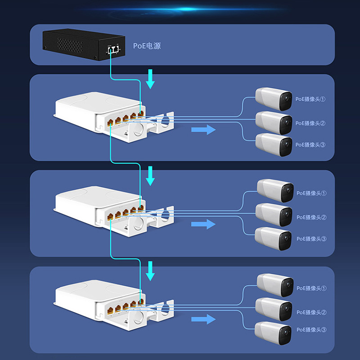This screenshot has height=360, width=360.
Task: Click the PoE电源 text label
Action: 147,46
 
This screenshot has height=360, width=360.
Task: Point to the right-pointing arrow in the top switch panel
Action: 203,130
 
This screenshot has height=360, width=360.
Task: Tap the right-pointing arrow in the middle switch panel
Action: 203,224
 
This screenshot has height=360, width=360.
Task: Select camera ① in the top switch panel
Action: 273,99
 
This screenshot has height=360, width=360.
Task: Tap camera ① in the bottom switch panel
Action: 274,285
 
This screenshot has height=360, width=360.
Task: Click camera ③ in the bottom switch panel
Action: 274,333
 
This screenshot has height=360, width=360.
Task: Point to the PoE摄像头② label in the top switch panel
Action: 310,123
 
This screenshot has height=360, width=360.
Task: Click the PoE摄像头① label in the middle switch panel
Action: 311,193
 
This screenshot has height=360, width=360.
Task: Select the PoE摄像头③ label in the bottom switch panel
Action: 311,330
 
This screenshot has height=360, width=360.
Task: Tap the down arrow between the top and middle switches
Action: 151,176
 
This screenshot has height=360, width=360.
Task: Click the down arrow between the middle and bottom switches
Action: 151,270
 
